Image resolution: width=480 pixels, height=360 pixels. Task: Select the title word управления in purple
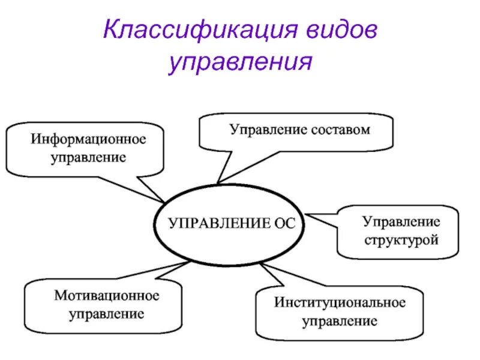(241, 62)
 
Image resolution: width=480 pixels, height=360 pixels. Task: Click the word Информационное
(89, 142)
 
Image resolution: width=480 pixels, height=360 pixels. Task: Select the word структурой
(401, 240)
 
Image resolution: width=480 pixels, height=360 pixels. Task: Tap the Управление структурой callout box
(399, 231)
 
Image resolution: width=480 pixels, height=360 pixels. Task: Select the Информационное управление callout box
(85, 149)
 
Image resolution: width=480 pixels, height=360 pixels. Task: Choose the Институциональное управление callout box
(340, 312)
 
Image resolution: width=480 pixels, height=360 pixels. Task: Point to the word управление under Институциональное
(340, 322)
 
